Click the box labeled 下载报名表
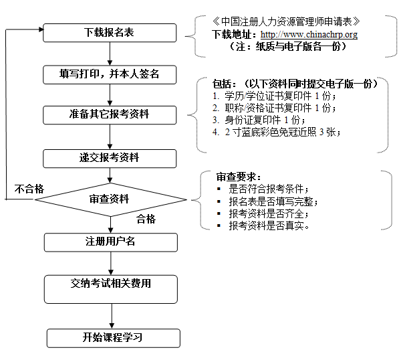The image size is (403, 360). point(110,32)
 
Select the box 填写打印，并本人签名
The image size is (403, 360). point(110,74)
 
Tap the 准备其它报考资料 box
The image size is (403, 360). point(110,114)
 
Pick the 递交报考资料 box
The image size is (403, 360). point(110,158)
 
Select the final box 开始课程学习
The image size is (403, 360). point(113,337)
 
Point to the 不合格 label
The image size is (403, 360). point(30,189)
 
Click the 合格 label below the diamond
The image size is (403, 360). point(146,219)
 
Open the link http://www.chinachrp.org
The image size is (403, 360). point(309,34)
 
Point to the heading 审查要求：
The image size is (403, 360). point(235,177)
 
